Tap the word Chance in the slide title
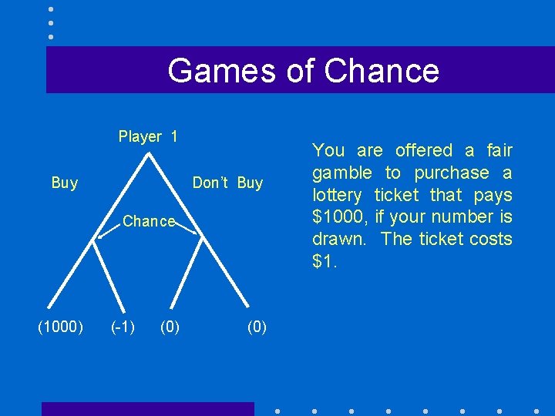coord(382,70)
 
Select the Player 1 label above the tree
coord(148,137)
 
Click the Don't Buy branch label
coord(227,183)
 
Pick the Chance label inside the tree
coord(149,222)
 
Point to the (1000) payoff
coord(61,327)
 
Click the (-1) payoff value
coord(123,327)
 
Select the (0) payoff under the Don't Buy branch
coord(257,327)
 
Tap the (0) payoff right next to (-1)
coord(170,327)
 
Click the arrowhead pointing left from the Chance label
coord(98,239)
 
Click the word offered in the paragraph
coord(423,150)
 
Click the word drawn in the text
coord(340,239)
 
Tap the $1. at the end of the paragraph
coord(325,261)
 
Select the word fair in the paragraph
coord(499,150)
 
